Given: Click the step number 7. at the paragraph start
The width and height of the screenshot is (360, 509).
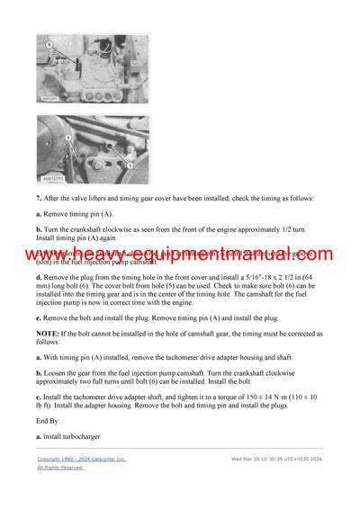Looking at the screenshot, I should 40,198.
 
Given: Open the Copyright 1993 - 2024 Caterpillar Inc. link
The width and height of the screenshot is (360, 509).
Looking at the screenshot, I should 81,459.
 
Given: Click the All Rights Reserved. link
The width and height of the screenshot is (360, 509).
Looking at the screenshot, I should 60,468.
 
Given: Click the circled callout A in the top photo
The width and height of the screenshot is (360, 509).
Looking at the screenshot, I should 49,43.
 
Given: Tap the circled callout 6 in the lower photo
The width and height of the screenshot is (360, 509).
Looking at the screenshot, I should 67,137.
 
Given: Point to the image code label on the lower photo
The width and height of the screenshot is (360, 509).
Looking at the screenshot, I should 54,179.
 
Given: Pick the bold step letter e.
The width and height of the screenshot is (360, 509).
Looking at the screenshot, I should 40,317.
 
